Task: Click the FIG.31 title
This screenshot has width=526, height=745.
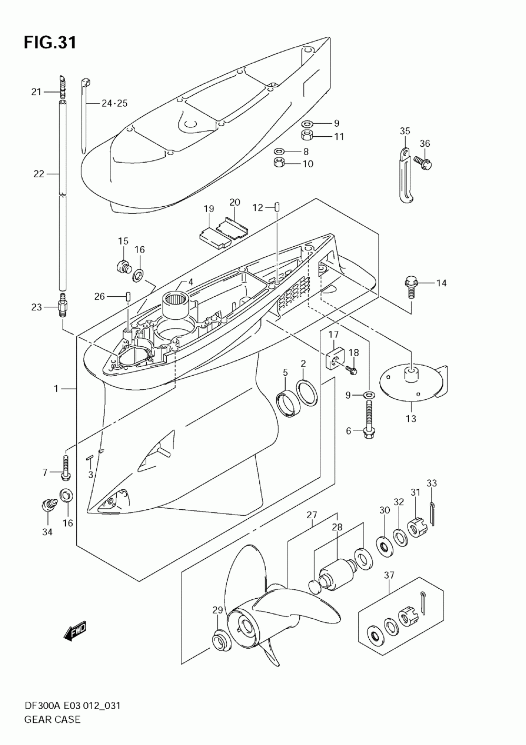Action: pyautogui.click(x=50, y=43)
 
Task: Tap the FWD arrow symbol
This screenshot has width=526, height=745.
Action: pyautogui.click(x=75, y=631)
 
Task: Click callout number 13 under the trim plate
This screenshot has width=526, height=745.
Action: pyautogui.click(x=411, y=418)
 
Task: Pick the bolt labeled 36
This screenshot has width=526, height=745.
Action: pyautogui.click(x=423, y=163)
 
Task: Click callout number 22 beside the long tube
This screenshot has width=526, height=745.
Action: pyautogui.click(x=38, y=174)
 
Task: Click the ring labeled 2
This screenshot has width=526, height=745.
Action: pyautogui.click(x=307, y=393)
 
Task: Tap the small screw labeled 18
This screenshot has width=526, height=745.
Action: pyautogui.click(x=351, y=369)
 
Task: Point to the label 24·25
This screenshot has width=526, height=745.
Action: pyautogui.click(x=114, y=104)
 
